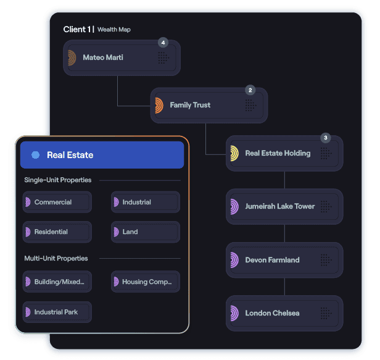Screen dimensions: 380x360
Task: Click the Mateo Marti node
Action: [x=122, y=58]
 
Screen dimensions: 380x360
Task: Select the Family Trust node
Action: [x=209, y=105]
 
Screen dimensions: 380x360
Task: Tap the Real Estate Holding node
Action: [x=284, y=153]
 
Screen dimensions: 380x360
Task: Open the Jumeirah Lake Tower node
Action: [x=284, y=206]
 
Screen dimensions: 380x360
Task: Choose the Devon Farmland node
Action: [x=284, y=260]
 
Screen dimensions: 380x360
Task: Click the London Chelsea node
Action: [x=284, y=313]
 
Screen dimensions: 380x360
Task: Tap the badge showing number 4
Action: [x=163, y=43]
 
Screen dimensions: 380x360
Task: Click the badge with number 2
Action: [x=250, y=90]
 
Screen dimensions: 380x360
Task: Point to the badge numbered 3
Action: [x=326, y=138]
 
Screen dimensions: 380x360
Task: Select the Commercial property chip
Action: [x=57, y=202]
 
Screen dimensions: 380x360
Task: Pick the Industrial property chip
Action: [x=146, y=202]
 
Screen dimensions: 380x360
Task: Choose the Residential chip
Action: [x=57, y=232]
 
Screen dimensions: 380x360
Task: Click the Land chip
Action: [x=146, y=232]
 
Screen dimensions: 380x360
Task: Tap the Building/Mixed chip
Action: [x=57, y=282]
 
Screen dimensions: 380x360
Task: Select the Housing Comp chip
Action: [x=146, y=282]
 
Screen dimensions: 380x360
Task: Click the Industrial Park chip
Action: [x=57, y=312]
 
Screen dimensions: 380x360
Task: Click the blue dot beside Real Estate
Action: [x=36, y=155]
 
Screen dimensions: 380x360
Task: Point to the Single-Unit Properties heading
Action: [x=58, y=180]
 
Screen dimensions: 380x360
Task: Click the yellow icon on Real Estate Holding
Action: [x=234, y=153]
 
